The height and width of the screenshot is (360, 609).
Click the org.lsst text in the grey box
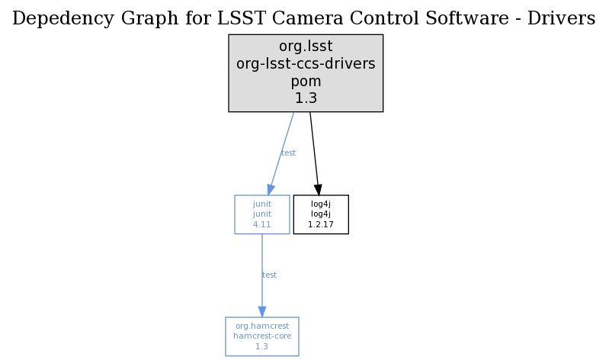pos(306,47)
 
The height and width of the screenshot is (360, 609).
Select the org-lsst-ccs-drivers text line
pos(306,64)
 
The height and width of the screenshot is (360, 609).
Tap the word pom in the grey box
pos(306,82)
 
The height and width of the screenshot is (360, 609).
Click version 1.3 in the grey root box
pos(306,98)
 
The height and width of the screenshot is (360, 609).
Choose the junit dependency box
pos(262,214)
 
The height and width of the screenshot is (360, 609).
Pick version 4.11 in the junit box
pos(261,225)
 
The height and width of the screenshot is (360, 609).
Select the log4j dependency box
pos(321,214)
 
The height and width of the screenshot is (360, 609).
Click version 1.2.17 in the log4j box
pos(321,225)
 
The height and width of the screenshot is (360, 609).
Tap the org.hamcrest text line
pos(262,326)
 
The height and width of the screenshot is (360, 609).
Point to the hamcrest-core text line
pos(262,336)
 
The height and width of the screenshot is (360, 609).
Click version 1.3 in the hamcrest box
pos(261,346)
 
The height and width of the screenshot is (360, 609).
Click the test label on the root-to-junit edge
pos(288,153)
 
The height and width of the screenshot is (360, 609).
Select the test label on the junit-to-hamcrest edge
pos(270,275)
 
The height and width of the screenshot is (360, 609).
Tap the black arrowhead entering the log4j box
pos(318,190)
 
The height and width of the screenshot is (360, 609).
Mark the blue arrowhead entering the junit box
pos(271,190)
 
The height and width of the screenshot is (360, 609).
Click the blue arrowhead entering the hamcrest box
pos(262,312)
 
